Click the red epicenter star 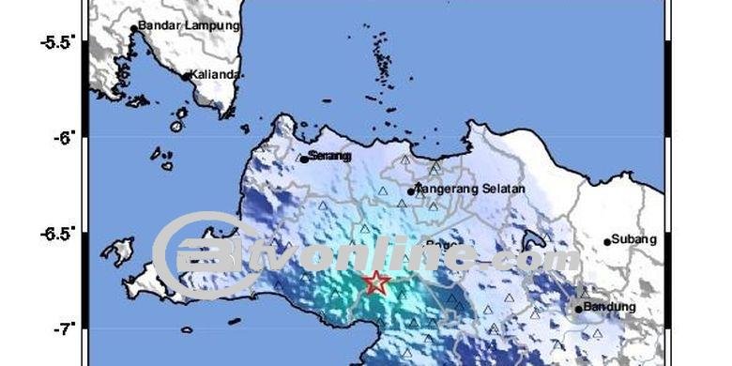pos(376,282)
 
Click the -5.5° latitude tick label pos(57,43)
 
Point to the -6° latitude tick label pos(65,138)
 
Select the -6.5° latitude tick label pos(57,233)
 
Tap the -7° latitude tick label pos(65,328)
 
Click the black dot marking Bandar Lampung pos(134,28)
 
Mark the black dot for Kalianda pos(186,76)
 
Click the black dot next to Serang pos(304,159)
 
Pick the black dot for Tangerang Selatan pos(411,191)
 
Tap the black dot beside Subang pos(607,241)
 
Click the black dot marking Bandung pos(578,309)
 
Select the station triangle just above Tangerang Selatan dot pos(435,170)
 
